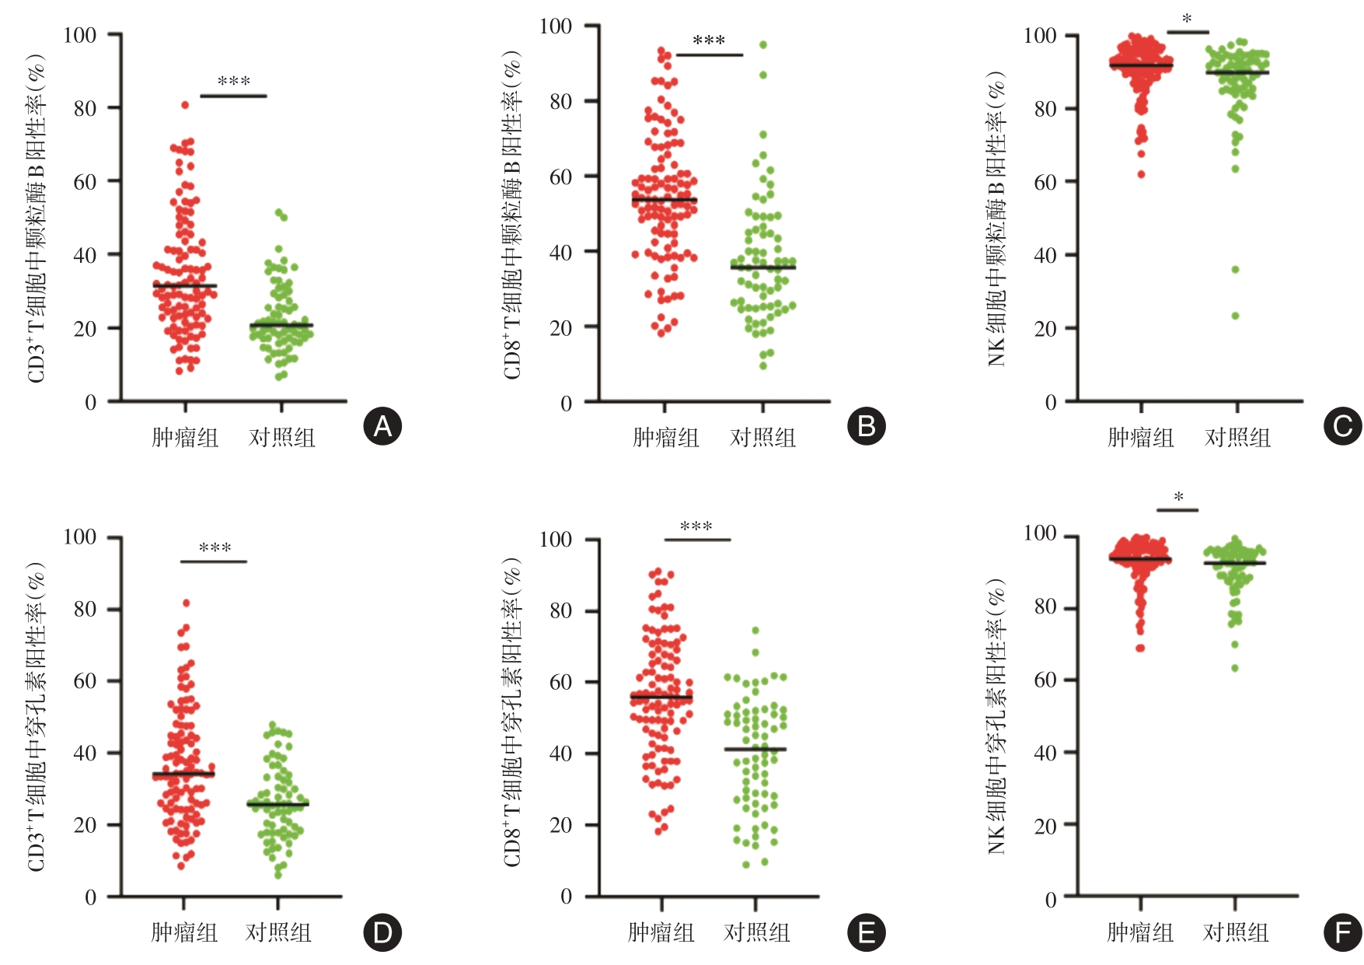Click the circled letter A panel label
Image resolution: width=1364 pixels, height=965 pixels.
tap(382, 426)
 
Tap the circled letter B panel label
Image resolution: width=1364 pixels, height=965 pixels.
tap(866, 426)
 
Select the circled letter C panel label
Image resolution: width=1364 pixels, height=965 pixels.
tap(1343, 426)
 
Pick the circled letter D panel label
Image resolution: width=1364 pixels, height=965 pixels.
tap(382, 932)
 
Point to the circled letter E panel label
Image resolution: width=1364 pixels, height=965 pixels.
tap(866, 932)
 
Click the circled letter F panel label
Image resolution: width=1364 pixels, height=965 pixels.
tap(1343, 932)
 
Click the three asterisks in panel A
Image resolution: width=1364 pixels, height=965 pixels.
tap(234, 82)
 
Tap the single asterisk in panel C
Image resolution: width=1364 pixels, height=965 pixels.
tap(1187, 19)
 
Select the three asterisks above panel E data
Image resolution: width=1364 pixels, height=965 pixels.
tap(696, 527)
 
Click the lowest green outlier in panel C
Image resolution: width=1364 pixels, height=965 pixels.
tap(1235, 316)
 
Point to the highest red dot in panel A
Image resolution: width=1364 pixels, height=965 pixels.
tap(185, 105)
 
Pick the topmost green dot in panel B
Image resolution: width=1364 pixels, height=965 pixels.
tap(763, 45)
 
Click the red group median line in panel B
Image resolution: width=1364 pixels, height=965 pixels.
tap(665, 200)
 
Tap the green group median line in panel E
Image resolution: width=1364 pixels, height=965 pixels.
tap(755, 750)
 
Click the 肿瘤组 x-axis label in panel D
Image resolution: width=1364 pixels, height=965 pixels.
tap(184, 932)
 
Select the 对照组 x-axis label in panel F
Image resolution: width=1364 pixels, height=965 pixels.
tap(1236, 932)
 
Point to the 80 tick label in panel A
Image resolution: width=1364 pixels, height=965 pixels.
tap(85, 108)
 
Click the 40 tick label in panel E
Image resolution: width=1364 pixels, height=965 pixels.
tap(560, 753)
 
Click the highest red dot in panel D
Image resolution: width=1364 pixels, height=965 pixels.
tap(186, 603)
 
